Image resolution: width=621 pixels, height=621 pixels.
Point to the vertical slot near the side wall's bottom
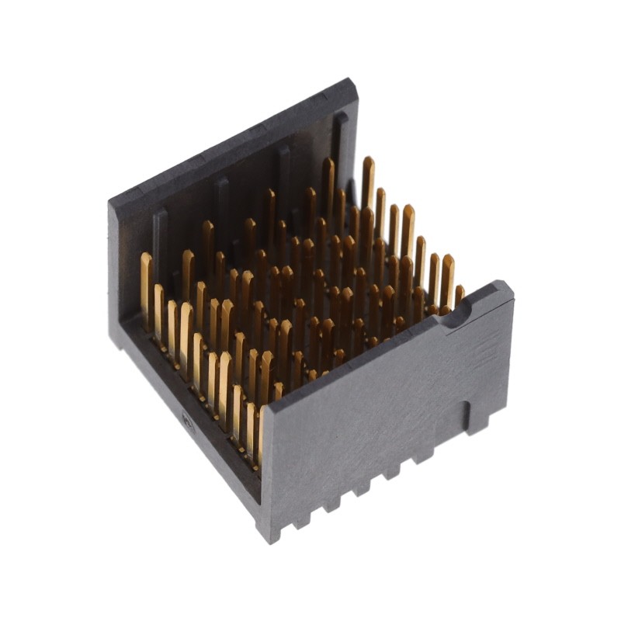point(467,415)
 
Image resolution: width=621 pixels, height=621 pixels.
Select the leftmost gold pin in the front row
point(146,287)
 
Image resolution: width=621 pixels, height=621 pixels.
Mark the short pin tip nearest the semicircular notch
point(459,294)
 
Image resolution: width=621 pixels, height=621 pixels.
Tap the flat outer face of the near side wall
point(373,419)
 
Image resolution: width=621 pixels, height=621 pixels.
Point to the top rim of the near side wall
point(373,349)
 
